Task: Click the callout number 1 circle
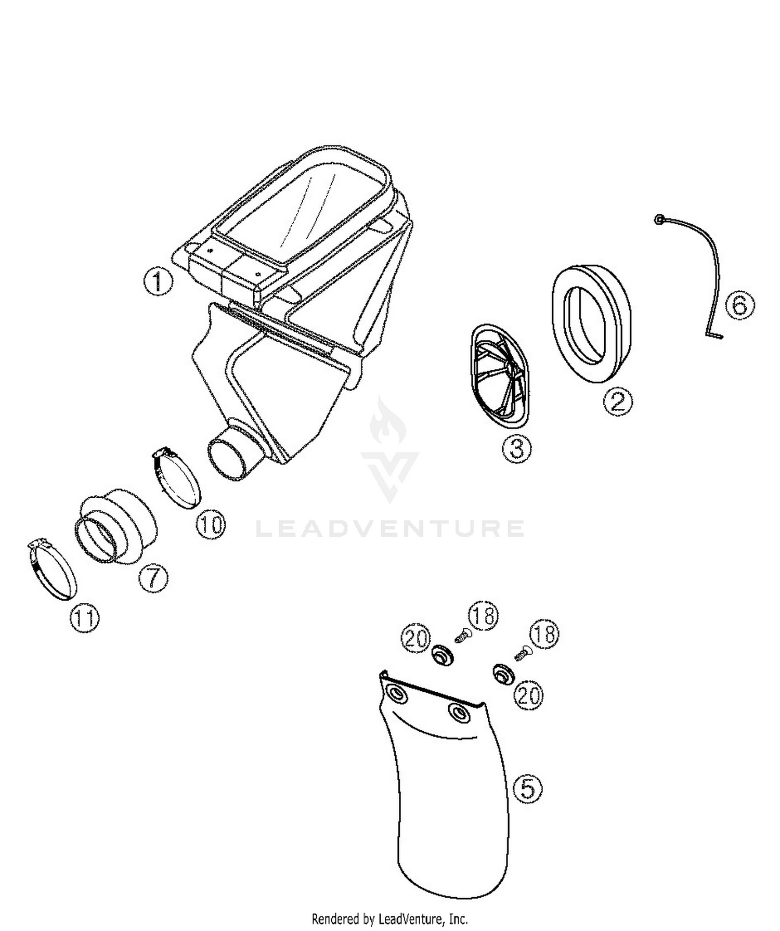coord(158,281)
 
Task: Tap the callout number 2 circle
coord(618,401)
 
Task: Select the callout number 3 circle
coord(516,448)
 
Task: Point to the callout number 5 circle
coord(527,789)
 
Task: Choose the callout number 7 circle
coord(153,578)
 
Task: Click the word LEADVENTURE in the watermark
coord(390,528)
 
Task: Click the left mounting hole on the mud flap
coord(395,693)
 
